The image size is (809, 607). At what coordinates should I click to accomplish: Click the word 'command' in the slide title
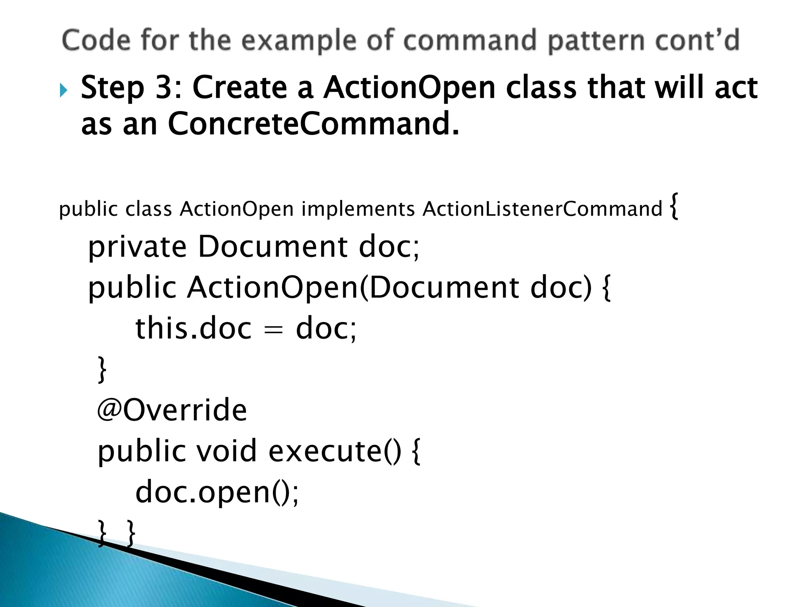coord(470,40)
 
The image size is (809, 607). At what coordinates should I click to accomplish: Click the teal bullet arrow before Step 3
coord(64,90)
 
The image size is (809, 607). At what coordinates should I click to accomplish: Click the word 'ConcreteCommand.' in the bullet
coord(314,124)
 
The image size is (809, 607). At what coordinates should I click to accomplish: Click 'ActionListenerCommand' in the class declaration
coord(542,209)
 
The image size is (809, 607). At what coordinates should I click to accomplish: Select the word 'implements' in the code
coord(358,209)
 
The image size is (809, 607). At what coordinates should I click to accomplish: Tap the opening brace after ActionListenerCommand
coord(675,205)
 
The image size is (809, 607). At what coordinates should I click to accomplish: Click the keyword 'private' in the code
coord(137,247)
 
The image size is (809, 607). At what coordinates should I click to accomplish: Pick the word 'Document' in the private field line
coord(273,247)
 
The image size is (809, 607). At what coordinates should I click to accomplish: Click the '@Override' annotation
coord(172,410)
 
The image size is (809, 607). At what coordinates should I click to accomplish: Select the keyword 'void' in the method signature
coord(227,451)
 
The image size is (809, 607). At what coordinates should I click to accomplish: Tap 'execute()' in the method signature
coord(335,451)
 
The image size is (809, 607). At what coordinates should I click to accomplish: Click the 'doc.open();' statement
coord(217,492)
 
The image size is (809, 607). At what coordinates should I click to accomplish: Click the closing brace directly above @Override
coord(102,369)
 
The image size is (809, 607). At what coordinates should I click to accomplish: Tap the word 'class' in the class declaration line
coord(149,209)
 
